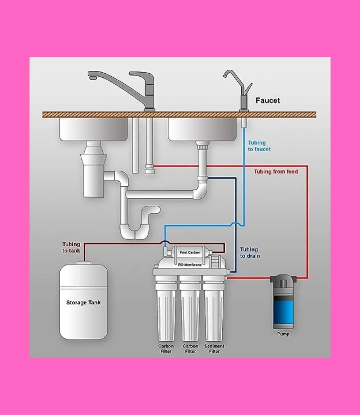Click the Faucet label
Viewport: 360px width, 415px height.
(x=268, y=101)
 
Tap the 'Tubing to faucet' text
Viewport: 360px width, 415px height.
(x=259, y=146)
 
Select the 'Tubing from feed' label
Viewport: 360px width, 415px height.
(x=276, y=172)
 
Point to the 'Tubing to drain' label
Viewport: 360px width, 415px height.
(x=250, y=253)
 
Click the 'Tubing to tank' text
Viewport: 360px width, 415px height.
(x=71, y=248)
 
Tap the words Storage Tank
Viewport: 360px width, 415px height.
(x=84, y=303)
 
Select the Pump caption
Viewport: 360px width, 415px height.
(x=283, y=334)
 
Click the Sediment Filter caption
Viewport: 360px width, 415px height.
(x=214, y=349)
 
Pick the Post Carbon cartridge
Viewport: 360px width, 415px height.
(x=189, y=252)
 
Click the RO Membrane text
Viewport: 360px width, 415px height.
(x=189, y=265)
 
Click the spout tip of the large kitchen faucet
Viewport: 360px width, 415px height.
(x=92, y=78)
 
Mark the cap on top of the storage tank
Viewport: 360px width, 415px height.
(x=84, y=263)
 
